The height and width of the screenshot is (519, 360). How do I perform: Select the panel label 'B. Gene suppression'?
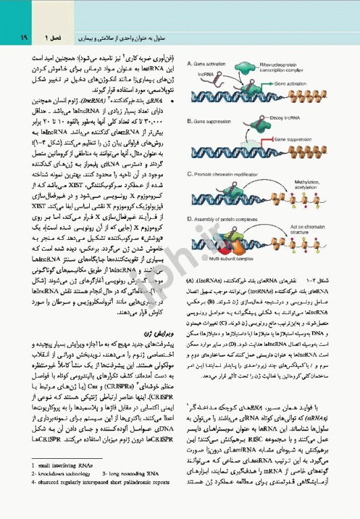point(215,120)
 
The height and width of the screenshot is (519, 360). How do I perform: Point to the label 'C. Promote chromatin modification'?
point(232,174)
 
